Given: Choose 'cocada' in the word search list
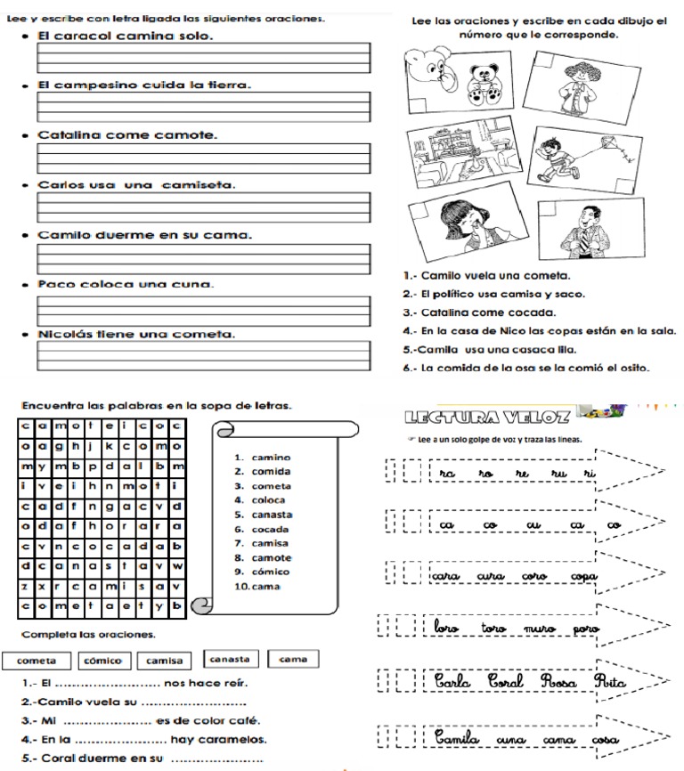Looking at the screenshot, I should pyautogui.click(x=270, y=529).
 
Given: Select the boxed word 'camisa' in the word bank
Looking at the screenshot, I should pyautogui.click(x=164, y=660).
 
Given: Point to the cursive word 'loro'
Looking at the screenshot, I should pyautogui.click(x=447, y=629).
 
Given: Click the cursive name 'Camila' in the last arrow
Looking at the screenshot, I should pyautogui.click(x=458, y=738).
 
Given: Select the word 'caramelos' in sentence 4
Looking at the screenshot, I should pyautogui.click(x=230, y=739).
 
